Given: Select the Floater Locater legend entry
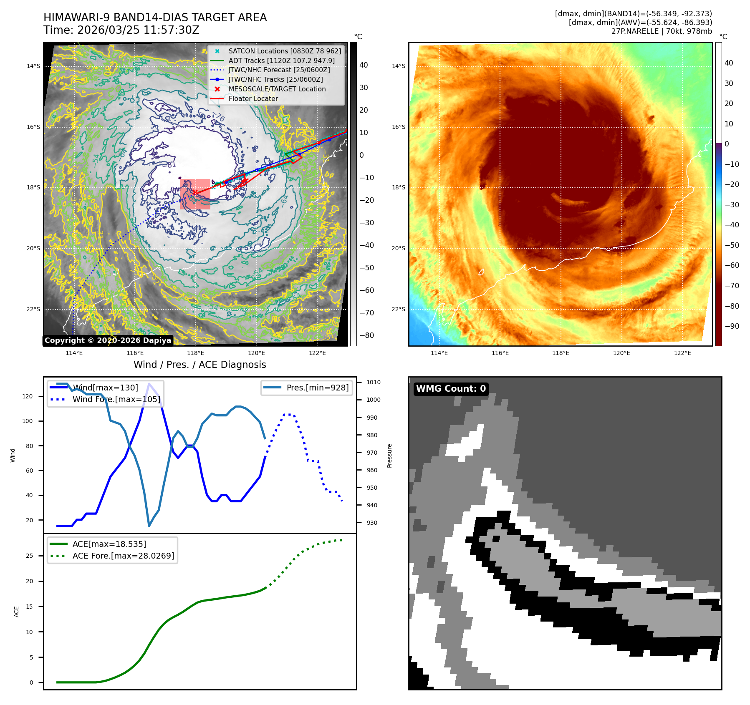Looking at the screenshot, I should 253,99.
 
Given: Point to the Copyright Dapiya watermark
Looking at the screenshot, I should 108,340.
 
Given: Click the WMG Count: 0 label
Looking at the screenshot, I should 451,389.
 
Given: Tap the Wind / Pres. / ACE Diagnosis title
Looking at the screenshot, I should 199,365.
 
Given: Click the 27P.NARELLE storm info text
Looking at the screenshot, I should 662,31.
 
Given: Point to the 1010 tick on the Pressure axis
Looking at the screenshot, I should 373,382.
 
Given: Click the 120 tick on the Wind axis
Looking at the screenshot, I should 28,396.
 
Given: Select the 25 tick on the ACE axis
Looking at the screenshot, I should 29,556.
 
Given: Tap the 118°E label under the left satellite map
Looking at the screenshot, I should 196,353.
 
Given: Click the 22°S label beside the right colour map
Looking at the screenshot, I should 398,309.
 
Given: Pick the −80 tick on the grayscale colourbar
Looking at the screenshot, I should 367,335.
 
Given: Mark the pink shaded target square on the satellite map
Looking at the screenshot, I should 195,194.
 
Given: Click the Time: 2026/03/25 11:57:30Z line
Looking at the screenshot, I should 121,30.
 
